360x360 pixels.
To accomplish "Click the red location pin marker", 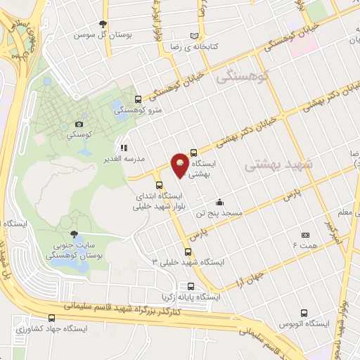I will point(181,166).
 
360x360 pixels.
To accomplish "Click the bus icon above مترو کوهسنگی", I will point(138,99).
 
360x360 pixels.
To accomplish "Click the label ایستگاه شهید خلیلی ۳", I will point(188,262).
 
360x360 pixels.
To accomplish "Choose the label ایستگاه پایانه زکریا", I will point(190,297).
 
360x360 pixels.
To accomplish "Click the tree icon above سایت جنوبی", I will point(75,236).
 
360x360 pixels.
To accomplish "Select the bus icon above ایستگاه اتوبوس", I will point(303,314).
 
